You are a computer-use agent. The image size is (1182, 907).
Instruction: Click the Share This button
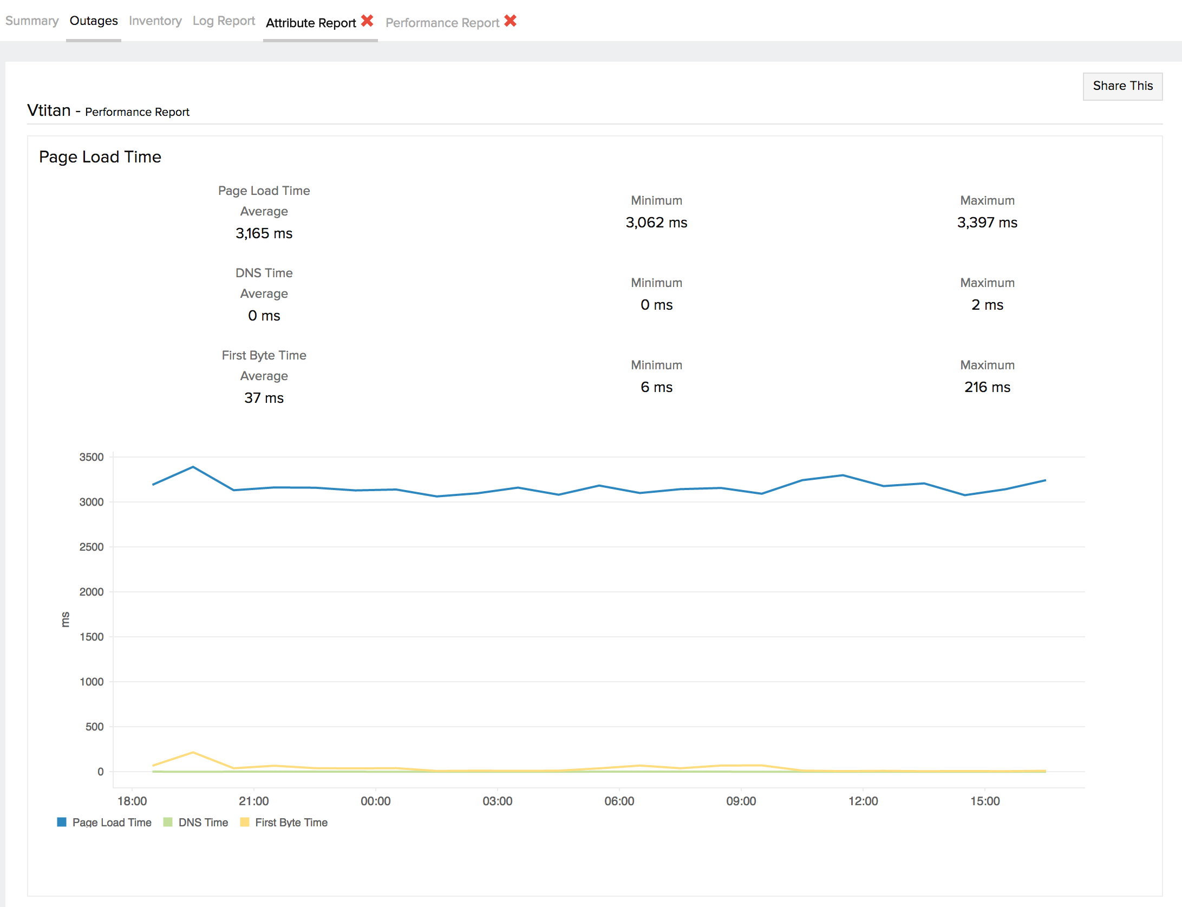(1122, 86)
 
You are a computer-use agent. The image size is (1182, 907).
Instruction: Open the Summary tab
(32, 21)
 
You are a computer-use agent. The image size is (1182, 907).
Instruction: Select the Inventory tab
(155, 21)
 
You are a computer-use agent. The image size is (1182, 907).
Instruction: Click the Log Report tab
(224, 21)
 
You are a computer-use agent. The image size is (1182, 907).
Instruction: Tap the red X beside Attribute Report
(367, 21)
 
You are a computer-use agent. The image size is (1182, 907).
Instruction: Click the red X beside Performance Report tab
(510, 21)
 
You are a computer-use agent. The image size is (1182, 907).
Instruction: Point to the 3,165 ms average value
(264, 233)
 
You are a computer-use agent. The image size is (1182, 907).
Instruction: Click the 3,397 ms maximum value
(987, 223)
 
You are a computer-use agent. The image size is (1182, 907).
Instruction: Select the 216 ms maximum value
(987, 387)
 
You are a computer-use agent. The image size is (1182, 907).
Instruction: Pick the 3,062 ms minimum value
(656, 223)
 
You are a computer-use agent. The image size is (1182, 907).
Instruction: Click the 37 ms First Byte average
(264, 398)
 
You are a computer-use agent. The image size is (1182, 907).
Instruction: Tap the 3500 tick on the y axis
(92, 457)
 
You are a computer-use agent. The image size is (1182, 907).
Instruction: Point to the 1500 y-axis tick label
(92, 637)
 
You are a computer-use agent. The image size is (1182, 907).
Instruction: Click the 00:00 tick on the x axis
(375, 801)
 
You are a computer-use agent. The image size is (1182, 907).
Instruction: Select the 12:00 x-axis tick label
(863, 801)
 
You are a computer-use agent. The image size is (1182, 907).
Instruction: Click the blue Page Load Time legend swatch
(62, 823)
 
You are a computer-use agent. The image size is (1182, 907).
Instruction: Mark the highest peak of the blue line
(193, 467)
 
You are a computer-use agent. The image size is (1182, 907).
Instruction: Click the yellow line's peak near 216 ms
(193, 753)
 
